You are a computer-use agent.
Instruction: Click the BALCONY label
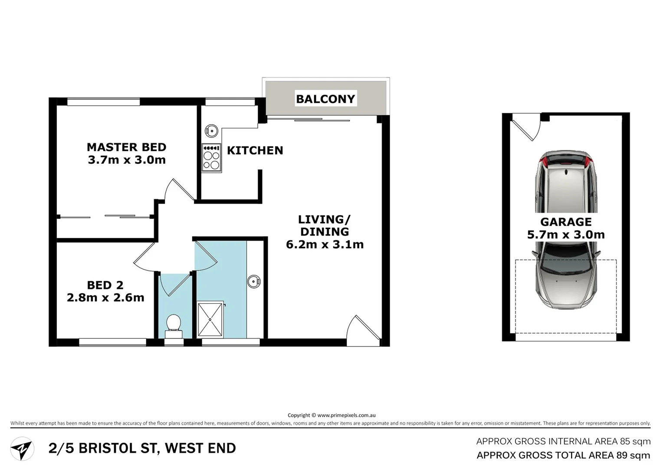pos(325,99)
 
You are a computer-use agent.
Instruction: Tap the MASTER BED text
pos(126,147)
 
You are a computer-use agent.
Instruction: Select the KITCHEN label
pos(255,150)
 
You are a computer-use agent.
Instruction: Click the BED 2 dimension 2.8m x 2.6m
pos(105,298)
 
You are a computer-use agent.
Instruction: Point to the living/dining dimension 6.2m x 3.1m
pos(325,244)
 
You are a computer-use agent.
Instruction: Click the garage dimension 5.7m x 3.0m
pos(566,234)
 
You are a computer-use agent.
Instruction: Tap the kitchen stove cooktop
pos(211,158)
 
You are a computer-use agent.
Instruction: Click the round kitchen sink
pos(211,130)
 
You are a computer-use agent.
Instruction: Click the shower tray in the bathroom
pos(210,319)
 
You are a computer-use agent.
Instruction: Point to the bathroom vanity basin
pos(254,282)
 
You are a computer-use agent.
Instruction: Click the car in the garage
pos(566,230)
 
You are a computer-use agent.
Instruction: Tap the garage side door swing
pos(526,127)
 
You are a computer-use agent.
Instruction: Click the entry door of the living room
pos(364,330)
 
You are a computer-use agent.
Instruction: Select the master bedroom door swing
pos(179,190)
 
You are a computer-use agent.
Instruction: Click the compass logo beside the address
pos(22,449)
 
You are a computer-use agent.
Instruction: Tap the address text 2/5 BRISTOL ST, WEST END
pos(142,448)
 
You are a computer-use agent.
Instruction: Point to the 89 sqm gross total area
pos(633,455)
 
